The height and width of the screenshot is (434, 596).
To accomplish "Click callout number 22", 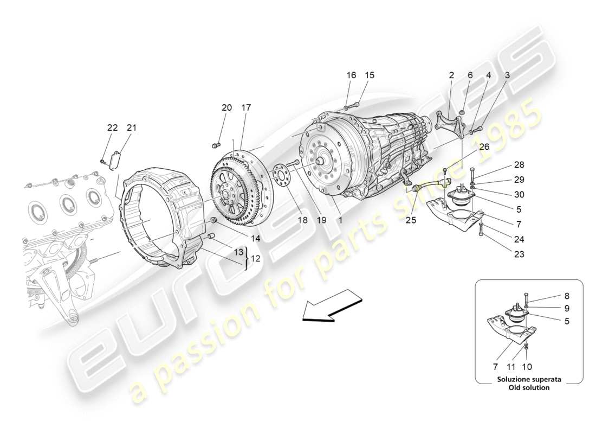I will click(112, 128).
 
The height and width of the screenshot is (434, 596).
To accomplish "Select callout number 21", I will click(132, 128).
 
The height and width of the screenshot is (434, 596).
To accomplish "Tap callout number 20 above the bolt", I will click(226, 108).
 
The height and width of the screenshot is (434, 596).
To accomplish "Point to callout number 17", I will click(246, 108).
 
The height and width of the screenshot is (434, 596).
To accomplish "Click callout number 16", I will click(351, 75).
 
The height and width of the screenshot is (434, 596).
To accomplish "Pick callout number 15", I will click(370, 75).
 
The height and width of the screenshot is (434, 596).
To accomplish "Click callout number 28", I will click(520, 164).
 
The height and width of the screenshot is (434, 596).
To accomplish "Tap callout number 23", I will click(520, 253).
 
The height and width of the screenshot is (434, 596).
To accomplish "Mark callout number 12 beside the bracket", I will click(255, 259).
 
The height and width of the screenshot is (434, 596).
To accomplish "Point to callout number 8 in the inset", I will click(552, 296).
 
